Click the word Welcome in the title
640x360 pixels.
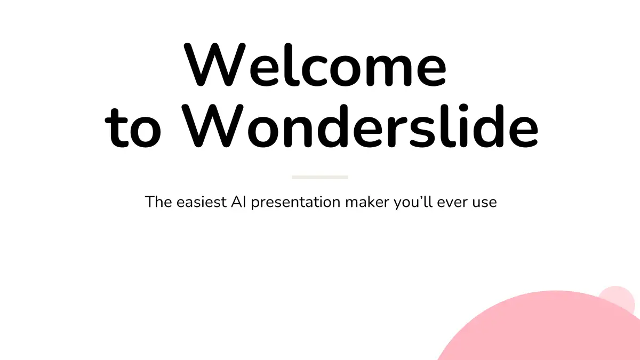pos(315,65)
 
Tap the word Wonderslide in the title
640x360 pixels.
pos(360,126)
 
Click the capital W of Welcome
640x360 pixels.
pos(214,65)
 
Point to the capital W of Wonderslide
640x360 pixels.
pos(212,126)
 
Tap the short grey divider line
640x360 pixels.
pos(319,177)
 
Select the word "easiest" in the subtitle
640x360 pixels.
pos(202,202)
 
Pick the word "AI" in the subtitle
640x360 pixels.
pos(238,202)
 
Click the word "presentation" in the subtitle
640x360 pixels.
pos(295,203)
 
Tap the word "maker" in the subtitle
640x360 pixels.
pos(367,202)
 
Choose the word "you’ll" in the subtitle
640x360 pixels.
pos(413,203)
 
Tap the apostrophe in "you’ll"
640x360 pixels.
pos(420,198)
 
